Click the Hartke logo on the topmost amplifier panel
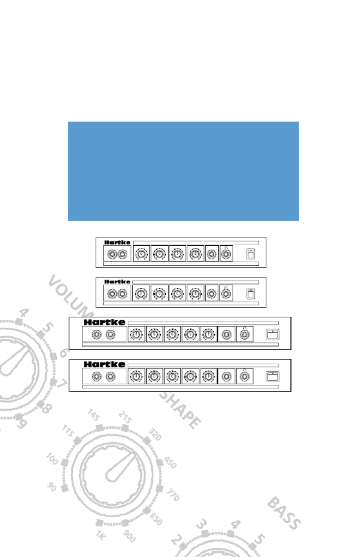point(117,243)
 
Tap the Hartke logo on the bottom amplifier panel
point(104,364)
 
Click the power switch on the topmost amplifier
point(251,254)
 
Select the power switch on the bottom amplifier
point(273,376)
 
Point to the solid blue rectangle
point(183,171)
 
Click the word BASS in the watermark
point(284,513)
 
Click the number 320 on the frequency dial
point(155,434)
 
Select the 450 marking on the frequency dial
point(170,463)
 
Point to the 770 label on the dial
point(173,495)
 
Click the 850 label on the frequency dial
point(156,519)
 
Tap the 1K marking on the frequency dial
point(100,535)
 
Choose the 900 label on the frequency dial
point(129,536)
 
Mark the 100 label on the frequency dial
point(52,459)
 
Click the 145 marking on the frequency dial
point(93,415)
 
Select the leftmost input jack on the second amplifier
point(112,294)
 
